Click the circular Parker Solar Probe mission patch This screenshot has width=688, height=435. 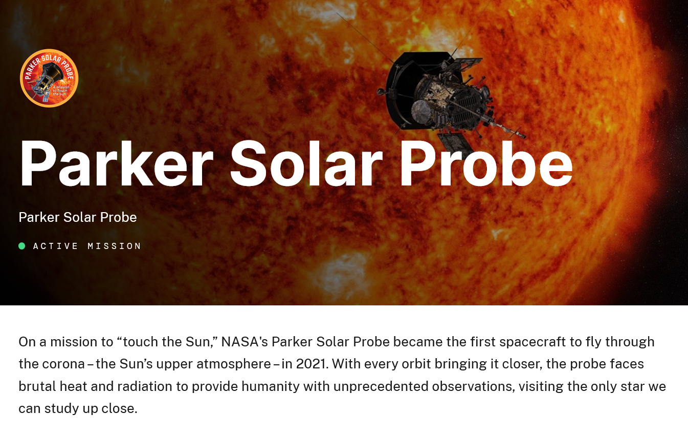[x=49, y=78]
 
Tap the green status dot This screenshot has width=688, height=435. [x=22, y=246]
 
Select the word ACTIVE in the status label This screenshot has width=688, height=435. [x=56, y=246]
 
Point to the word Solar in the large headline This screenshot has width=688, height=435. [x=306, y=163]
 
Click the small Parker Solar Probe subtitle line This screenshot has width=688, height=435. [x=78, y=217]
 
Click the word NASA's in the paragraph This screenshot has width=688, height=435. [x=245, y=342]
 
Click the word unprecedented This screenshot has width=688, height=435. [x=381, y=387]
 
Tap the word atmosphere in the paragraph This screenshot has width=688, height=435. [x=234, y=364]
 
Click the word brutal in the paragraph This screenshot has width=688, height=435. [x=37, y=386]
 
